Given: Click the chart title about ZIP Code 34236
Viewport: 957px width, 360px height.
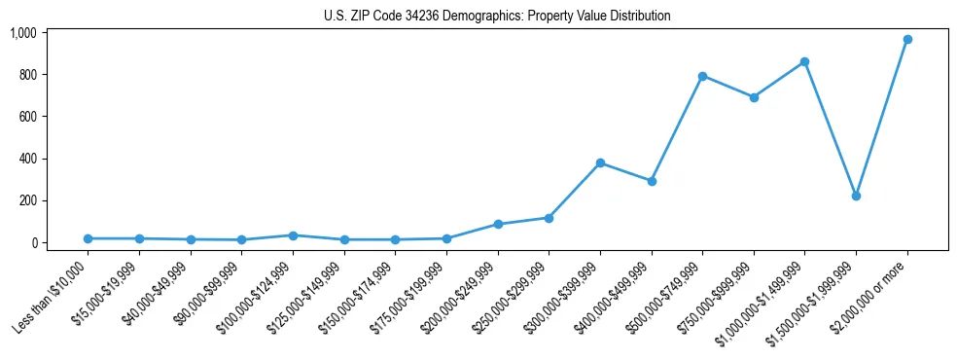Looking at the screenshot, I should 497,16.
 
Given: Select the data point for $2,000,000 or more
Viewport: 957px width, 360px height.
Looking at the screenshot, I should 906,39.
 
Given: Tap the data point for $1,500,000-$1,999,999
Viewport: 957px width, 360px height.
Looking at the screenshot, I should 855,196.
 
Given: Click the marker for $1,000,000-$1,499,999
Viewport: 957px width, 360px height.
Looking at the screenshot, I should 804,61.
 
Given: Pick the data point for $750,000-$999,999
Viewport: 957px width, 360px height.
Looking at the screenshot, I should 753,97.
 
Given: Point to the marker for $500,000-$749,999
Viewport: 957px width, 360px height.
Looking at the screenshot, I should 702,76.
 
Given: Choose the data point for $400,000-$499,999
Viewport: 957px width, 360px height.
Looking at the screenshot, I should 651,181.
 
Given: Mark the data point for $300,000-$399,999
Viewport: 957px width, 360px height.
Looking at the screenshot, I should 600,162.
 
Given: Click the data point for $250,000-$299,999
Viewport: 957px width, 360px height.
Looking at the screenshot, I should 549,218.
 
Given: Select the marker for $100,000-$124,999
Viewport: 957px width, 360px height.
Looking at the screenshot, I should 293,235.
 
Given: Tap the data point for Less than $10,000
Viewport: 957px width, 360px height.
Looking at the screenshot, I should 89,238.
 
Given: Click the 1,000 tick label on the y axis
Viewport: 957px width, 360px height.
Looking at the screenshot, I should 22,33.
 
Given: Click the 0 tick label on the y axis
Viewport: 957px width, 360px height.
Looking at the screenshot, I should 32,243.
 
